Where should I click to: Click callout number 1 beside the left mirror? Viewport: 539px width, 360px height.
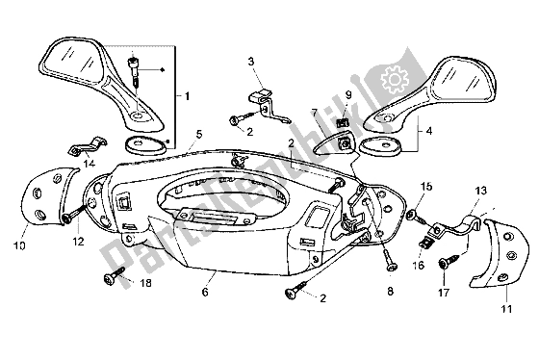[x=189, y=97]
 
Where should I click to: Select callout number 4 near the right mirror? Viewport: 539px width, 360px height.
[x=429, y=128]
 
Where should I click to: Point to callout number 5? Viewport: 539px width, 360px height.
[x=199, y=137]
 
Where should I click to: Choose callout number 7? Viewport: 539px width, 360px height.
[x=315, y=114]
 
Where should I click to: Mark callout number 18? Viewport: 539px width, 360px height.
[x=147, y=284]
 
